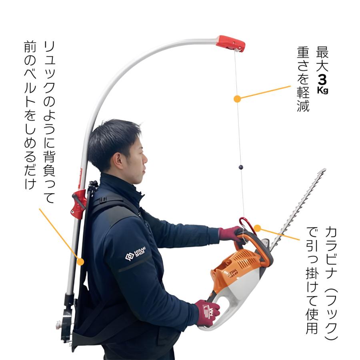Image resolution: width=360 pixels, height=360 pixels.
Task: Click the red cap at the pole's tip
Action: coord(231,44)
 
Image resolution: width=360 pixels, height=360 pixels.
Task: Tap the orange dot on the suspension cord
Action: coord(237,99)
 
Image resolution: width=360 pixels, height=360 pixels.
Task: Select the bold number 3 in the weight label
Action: coord(322,80)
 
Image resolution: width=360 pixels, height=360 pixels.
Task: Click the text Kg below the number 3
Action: coord(322,90)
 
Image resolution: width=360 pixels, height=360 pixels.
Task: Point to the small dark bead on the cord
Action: coord(241,167)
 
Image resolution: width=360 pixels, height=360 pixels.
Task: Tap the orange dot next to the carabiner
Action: coord(258,228)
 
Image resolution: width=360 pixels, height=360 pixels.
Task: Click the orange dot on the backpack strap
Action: coord(80,262)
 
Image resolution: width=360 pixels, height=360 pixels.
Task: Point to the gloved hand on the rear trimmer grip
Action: coord(207,313)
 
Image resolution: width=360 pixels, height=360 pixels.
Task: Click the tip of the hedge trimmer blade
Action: coord(325,170)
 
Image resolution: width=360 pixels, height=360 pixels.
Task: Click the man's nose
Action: coord(145,158)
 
